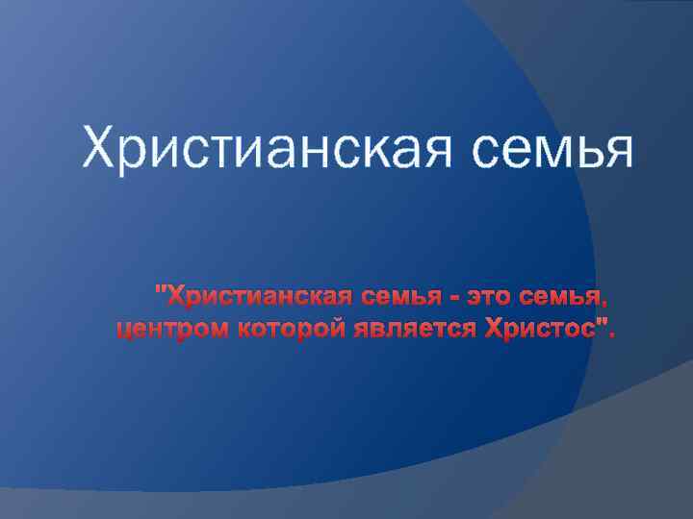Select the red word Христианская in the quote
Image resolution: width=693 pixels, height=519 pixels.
click(253, 290)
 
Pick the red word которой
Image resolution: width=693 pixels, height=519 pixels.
click(279, 332)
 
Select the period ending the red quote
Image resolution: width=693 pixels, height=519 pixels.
click(610, 337)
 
